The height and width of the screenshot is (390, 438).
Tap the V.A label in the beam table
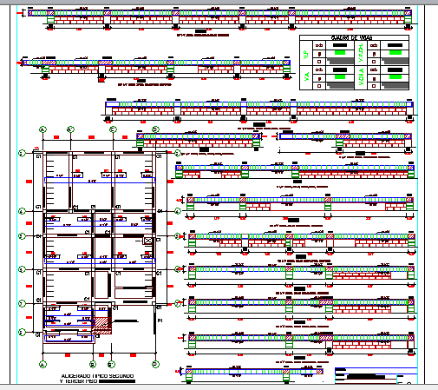coord(306,78)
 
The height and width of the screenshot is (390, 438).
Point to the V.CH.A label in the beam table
coord(361,78)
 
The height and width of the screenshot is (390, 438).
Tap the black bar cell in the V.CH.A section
coord(394,70)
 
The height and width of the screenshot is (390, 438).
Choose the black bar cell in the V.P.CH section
coord(394,45)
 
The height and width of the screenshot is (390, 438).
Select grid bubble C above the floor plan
coord(114,129)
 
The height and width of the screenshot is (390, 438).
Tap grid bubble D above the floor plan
coord(155,129)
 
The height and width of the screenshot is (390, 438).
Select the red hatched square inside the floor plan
coord(103,323)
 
